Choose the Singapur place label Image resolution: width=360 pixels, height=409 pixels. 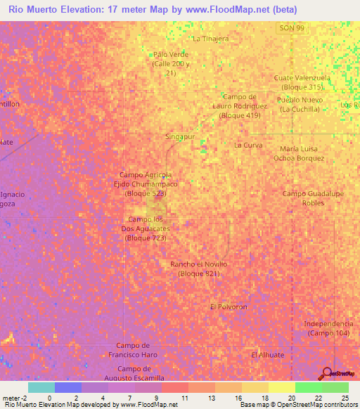pyautogui.click(x=179, y=136)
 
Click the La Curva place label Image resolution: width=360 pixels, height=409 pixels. pyautogui.click(x=248, y=145)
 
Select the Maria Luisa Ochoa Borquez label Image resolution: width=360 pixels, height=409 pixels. pyautogui.click(x=299, y=153)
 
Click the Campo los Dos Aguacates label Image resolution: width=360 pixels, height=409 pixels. pyautogui.click(x=147, y=229)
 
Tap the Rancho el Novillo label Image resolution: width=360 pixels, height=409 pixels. pyautogui.click(x=199, y=268)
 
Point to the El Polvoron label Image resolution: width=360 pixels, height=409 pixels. pyautogui.click(x=229, y=307)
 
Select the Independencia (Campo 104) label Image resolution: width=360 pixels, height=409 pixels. pyautogui.click(x=326, y=327)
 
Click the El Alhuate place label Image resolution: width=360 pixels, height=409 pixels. pyautogui.click(x=268, y=355)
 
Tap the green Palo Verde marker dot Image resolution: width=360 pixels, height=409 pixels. pyautogui.click(x=150, y=54)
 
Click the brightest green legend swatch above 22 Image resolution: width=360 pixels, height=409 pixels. pyautogui.click(x=309, y=387)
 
